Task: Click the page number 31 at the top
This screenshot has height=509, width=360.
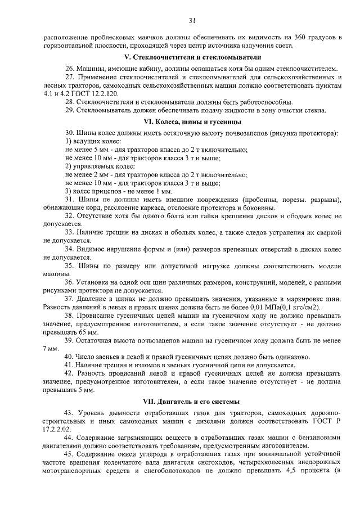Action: pos(191,21)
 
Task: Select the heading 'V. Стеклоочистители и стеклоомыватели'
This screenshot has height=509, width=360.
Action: pos(192,58)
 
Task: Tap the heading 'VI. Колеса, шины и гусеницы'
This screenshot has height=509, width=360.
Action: pos(192,121)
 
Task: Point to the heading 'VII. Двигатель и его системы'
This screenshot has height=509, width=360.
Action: pos(192,402)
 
